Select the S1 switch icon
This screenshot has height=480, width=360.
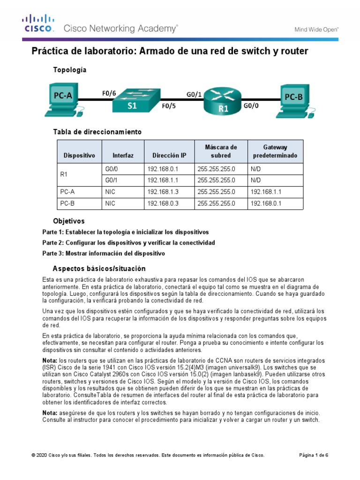click(x=133, y=101)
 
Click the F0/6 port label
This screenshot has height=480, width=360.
click(x=109, y=93)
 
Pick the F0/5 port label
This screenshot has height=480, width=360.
click(x=169, y=106)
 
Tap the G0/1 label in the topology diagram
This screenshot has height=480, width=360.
click(x=194, y=94)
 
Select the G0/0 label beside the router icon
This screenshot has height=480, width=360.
click(x=251, y=106)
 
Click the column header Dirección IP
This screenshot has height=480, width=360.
click(x=169, y=155)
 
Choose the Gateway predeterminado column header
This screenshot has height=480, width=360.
click(x=275, y=151)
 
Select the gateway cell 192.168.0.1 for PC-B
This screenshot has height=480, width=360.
click(x=266, y=203)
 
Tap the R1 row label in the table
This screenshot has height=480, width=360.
click(x=65, y=174)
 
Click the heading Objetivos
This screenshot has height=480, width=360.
click(x=69, y=220)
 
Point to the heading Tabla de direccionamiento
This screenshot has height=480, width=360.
click(x=97, y=132)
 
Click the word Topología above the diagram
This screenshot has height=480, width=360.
click(x=70, y=70)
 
